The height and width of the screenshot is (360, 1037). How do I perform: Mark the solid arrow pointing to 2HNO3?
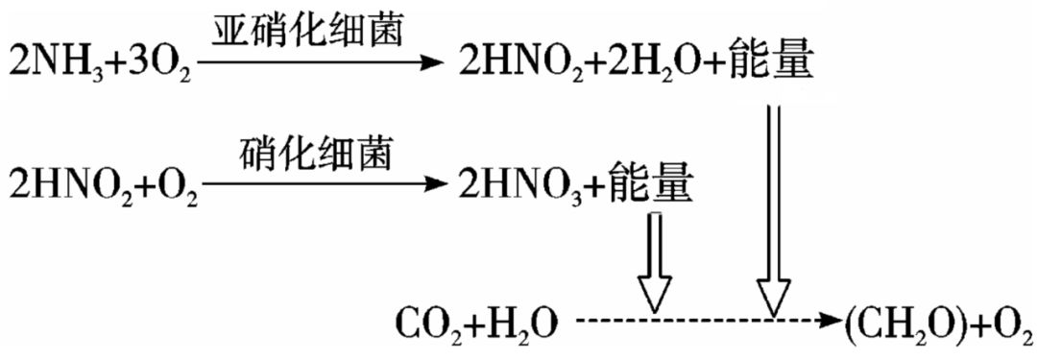317,180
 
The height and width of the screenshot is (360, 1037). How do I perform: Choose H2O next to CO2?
518,324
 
